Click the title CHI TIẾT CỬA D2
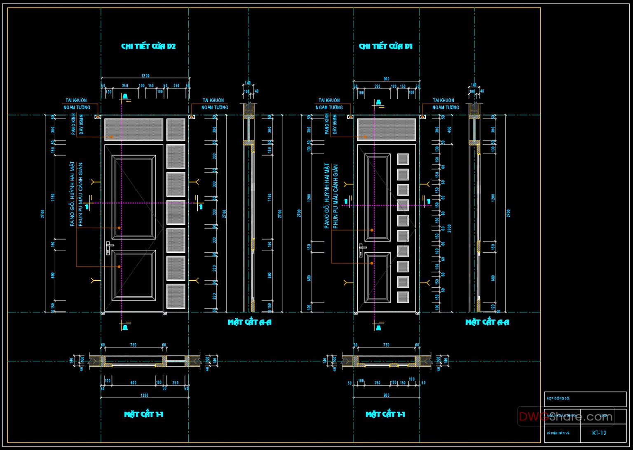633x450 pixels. coord(148,46)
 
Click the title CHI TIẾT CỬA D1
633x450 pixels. coord(385,46)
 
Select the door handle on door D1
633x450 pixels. coord(361,250)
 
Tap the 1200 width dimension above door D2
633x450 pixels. coord(145,76)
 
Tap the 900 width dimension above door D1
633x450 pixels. coord(386,79)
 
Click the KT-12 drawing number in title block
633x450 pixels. coord(599,433)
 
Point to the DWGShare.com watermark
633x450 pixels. coord(565,417)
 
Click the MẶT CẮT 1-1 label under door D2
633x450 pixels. coord(144,414)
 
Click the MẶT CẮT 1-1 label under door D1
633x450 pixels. coord(385,414)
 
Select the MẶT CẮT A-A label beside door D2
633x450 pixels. coord(250,322)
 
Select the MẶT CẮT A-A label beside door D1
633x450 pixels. coord(487,322)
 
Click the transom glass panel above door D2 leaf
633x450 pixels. coord(134,129)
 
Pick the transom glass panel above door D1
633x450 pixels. coord(387,129)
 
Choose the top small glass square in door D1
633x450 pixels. coord(403,159)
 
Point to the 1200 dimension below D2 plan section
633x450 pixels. coord(144,395)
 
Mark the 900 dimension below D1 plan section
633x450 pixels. coord(386,395)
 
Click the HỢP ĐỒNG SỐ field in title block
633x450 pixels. coord(585,399)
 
